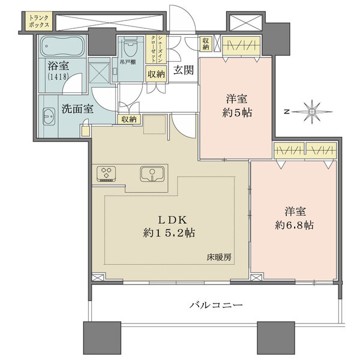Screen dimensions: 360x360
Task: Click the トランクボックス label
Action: coord(40,22)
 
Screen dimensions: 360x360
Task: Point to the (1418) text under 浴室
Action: coord(58,77)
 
